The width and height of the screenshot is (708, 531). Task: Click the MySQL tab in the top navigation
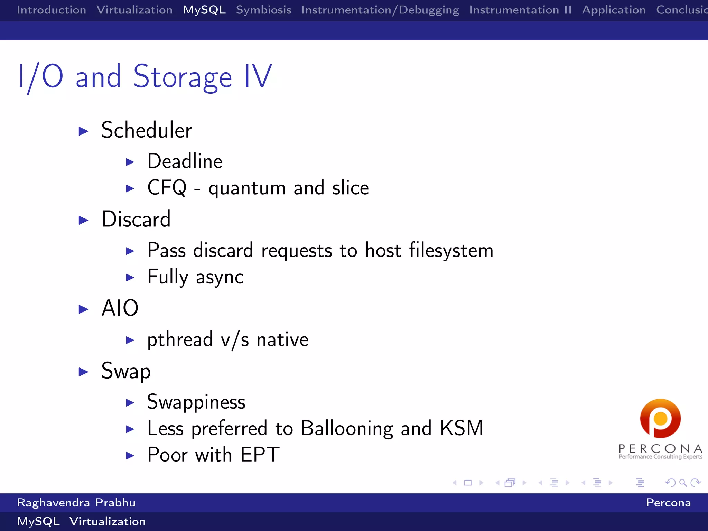[x=204, y=10]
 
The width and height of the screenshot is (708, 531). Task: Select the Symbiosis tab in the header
[x=263, y=10]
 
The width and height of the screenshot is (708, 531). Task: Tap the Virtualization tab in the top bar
[x=134, y=10]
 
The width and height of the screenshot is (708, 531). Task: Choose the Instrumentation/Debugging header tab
[x=380, y=10]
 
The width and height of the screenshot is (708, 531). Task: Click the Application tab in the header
[x=614, y=10]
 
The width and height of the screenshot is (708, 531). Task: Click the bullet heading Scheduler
[x=147, y=130]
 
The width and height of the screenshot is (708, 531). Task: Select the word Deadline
[x=185, y=161]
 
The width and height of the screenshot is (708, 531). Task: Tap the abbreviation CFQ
[x=167, y=188]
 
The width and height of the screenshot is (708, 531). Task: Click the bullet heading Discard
[x=136, y=219]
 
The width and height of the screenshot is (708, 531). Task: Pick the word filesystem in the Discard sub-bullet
[x=451, y=250]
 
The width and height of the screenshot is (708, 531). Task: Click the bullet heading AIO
[x=120, y=308]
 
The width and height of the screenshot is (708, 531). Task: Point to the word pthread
[x=180, y=339]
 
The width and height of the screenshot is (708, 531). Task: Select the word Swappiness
[x=196, y=402]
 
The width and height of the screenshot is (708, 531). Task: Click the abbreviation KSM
[x=462, y=428]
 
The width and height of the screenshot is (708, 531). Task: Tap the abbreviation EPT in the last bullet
[x=260, y=455]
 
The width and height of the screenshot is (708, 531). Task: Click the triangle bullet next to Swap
[x=83, y=372]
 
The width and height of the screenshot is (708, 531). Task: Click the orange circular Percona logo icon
[x=660, y=419]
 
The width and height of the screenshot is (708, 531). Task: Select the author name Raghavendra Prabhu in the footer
[x=76, y=503]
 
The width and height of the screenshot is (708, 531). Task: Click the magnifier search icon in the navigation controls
[x=683, y=483]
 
